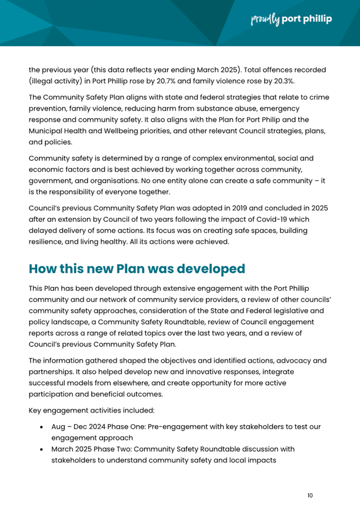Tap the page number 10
[310, 496]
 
